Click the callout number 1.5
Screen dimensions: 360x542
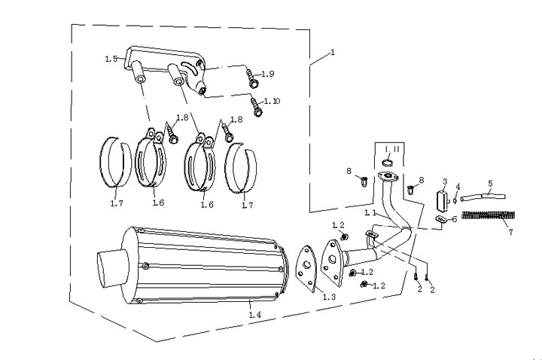pos(111,57)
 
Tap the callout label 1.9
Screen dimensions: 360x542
pos(269,73)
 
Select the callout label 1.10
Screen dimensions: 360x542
pos(271,101)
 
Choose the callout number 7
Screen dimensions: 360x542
pos(510,232)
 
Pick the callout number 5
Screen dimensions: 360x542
pos(490,183)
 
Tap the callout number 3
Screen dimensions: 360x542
pos(445,182)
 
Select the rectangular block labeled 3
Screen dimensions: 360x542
pos(443,202)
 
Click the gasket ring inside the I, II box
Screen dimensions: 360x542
pos(388,163)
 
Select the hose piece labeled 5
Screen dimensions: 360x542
pos(480,197)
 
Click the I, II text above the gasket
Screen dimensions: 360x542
pos(387,150)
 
